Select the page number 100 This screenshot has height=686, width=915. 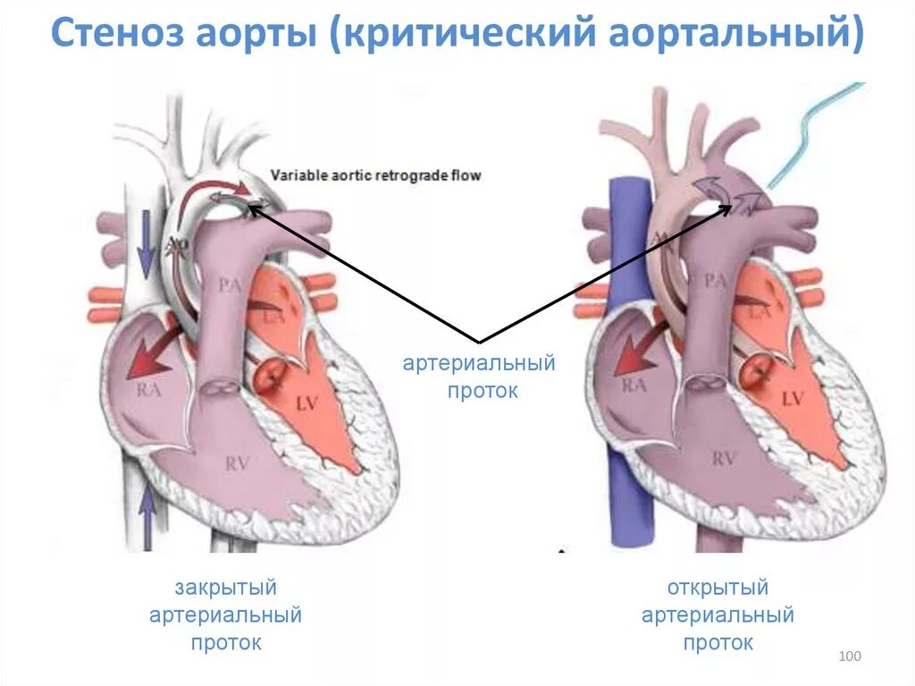point(850,657)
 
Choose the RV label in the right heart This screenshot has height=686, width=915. point(724,459)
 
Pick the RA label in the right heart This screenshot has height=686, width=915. point(634,385)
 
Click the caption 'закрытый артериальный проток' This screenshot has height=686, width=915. point(225,615)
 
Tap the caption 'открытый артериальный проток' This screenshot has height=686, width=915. point(718,615)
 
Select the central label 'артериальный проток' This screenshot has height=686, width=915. point(479,377)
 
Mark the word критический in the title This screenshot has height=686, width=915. point(466,35)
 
